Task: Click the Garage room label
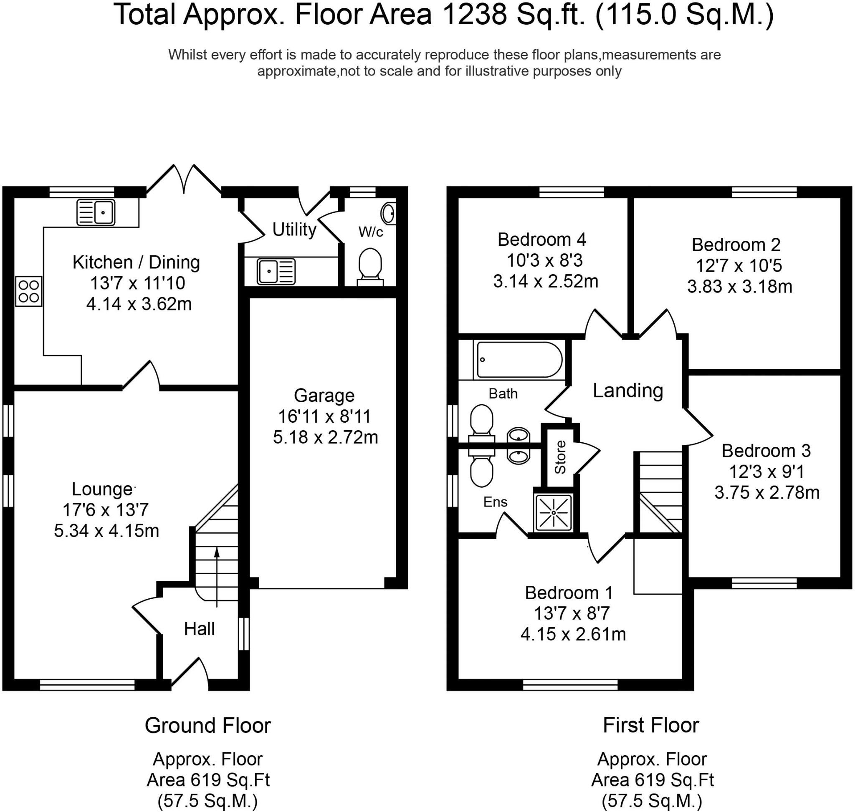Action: tap(324, 396)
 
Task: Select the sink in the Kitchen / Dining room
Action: tap(96, 212)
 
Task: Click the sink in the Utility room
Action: tap(276, 271)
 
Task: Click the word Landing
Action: tap(627, 391)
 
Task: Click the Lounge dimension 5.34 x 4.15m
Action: tap(106, 531)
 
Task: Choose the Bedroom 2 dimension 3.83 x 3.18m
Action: tap(740, 287)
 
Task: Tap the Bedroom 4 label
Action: tap(542, 240)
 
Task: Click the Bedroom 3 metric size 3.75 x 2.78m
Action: tap(767, 492)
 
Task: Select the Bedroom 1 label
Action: tap(569, 593)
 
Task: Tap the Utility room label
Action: tap(294, 230)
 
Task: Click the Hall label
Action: tap(199, 629)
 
